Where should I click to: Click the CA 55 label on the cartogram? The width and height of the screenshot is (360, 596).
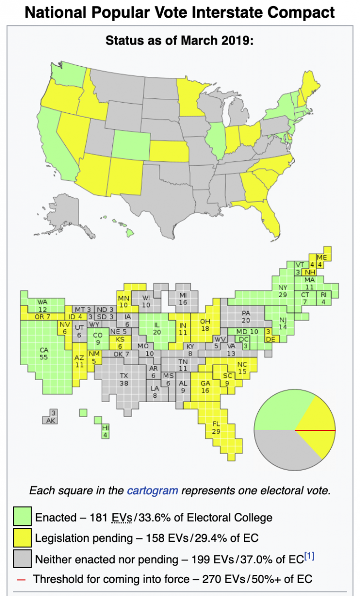44,354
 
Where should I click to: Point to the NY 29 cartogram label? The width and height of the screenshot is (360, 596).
283,291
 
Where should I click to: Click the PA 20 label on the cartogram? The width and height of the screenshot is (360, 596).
246,317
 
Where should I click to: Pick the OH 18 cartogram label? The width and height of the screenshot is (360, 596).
205,325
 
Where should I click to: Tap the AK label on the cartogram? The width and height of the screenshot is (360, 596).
50,420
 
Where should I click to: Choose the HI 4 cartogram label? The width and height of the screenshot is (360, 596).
106,431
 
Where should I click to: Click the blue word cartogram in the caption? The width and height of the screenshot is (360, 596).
152,490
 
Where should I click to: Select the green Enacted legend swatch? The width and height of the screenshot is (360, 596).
22,517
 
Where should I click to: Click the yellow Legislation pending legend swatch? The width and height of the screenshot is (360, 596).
22,538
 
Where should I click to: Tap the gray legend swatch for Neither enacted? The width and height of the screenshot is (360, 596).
22,559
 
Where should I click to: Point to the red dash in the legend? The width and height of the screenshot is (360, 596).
21,579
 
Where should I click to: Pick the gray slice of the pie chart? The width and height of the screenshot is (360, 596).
283,446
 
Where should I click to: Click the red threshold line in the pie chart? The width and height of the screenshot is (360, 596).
314,430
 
